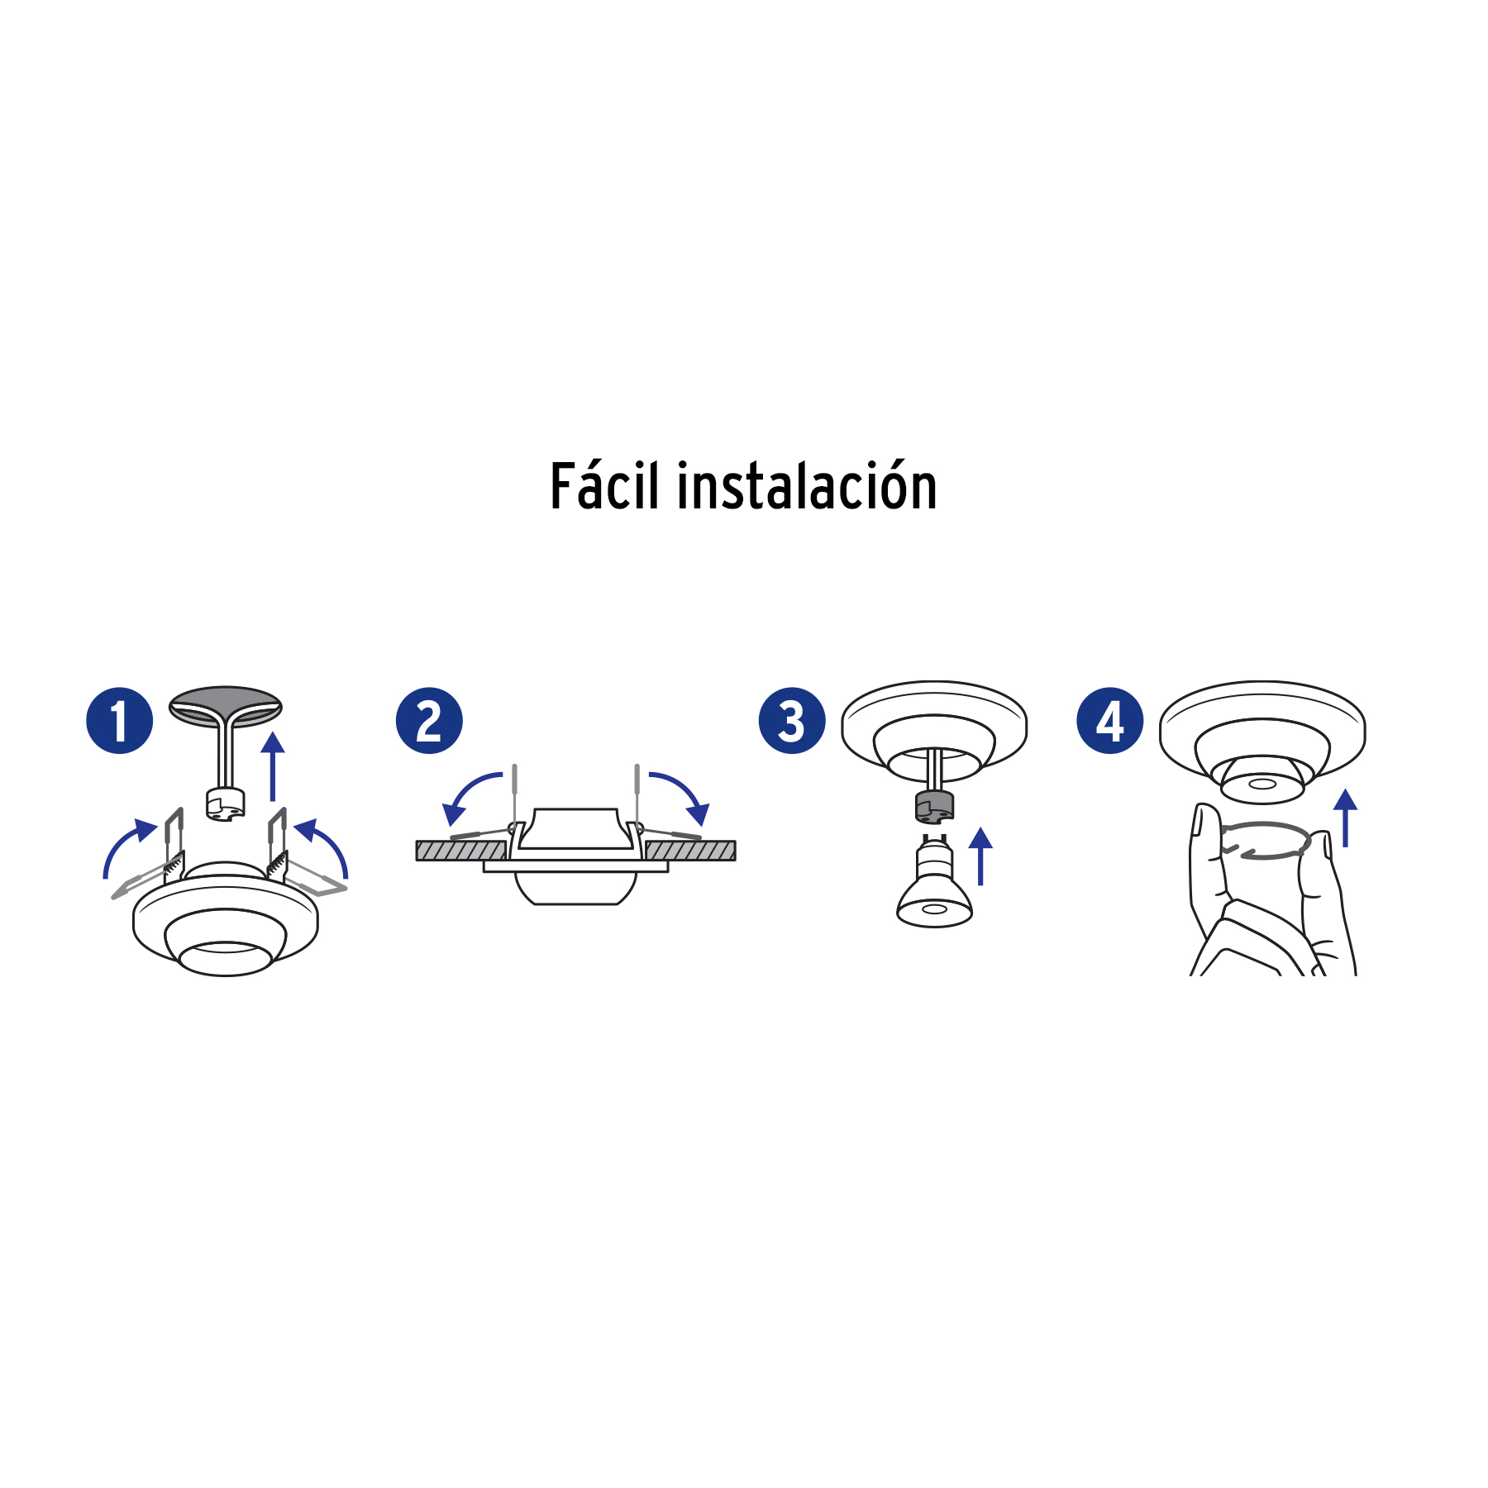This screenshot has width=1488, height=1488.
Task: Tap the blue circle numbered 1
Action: tap(119, 720)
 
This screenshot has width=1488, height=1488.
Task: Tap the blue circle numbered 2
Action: tap(429, 720)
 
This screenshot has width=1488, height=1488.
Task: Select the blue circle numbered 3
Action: tap(791, 720)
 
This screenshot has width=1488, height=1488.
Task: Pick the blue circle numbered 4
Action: tap(1109, 720)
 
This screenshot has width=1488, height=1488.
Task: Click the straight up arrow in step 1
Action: tap(273, 765)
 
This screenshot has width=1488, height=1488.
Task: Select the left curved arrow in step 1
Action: tap(124, 847)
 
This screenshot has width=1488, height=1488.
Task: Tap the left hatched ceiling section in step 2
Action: tap(460, 851)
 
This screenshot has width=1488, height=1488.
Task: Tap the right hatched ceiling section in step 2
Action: tap(691, 851)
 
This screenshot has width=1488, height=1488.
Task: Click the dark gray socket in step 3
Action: tap(934, 806)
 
